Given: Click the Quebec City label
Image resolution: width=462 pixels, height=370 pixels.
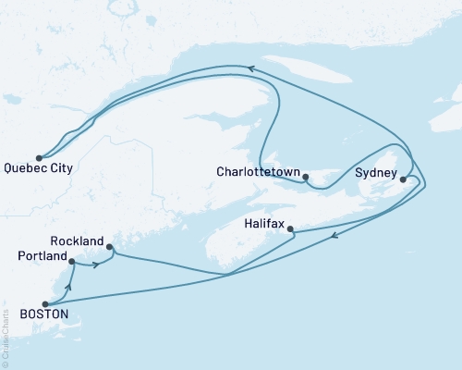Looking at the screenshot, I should [39, 169].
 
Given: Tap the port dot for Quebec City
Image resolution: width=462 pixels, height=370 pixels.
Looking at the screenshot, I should [38, 157].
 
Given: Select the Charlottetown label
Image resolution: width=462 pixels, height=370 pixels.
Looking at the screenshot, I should [258, 172].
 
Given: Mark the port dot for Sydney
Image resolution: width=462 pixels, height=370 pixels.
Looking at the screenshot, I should [403, 179].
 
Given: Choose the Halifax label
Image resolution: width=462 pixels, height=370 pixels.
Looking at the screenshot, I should [265, 224].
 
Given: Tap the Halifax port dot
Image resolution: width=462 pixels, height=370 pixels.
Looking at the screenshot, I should [290, 228].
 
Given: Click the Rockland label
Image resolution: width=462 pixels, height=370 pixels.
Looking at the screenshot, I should [75, 240].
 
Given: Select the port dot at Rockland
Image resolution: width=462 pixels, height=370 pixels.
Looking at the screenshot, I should [110, 247].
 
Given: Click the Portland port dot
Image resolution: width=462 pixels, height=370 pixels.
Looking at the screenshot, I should [71, 262].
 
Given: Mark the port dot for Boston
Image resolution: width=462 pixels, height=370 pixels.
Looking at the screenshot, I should [45, 303].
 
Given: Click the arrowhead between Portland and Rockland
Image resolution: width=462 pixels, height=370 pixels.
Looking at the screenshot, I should [96, 265].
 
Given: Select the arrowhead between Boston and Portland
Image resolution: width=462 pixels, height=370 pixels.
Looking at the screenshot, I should [68, 287].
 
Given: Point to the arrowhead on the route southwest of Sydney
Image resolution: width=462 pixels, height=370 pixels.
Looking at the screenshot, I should [334, 235].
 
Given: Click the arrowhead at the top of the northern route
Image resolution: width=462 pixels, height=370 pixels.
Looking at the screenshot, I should [249, 67].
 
